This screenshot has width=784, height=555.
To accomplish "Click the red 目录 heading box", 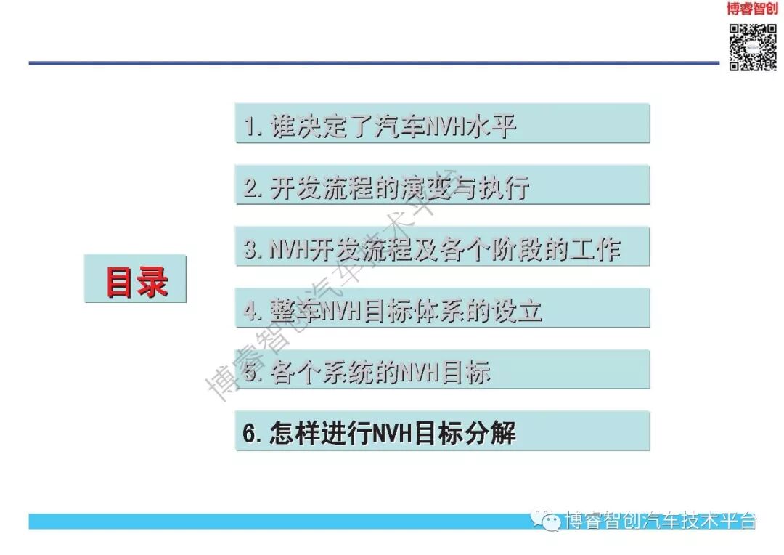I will [136, 280].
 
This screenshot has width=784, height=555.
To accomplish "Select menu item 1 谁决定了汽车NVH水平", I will [442, 124].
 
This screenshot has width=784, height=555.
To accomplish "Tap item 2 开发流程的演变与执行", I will [442, 186].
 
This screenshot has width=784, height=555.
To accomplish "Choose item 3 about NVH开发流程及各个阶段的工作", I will [442, 248].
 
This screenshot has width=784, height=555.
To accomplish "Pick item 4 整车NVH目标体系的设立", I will [442, 309].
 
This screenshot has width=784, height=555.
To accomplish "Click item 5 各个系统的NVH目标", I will [442, 370].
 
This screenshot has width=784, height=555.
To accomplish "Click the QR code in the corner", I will [753, 47].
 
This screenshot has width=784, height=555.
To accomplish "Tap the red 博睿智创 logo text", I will [752, 9].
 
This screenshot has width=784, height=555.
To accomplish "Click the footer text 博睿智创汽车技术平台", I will [661, 521].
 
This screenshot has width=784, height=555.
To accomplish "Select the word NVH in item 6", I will [392, 433].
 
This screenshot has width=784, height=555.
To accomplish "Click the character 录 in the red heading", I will [152, 281].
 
